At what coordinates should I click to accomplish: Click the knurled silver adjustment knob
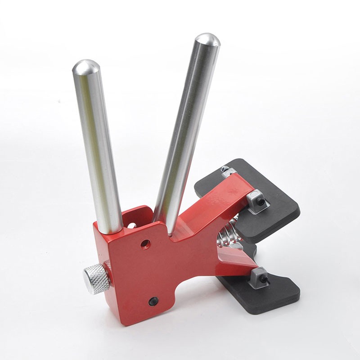tap(96, 278)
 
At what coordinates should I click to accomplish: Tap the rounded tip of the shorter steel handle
tap(86, 67)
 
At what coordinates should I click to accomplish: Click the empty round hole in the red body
tap(145, 244)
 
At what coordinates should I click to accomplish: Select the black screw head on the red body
tap(153, 301)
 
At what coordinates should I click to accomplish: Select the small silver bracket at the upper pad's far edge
tap(228, 171)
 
